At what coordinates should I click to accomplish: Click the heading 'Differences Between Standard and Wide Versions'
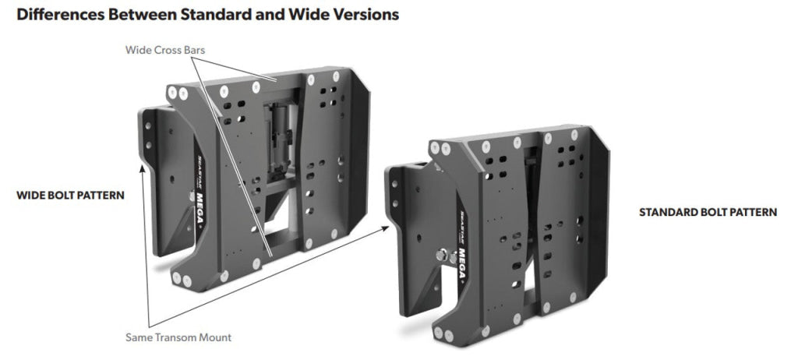(207, 14)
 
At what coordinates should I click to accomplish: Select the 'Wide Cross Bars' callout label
(165, 50)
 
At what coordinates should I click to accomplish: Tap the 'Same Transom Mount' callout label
(178, 337)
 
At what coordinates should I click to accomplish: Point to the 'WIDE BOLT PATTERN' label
(70, 196)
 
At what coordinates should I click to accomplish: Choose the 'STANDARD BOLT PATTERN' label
(708, 212)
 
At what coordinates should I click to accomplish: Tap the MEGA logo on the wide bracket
(200, 210)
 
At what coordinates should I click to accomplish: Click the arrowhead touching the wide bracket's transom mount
(143, 169)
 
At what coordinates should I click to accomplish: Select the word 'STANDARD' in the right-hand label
(668, 212)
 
